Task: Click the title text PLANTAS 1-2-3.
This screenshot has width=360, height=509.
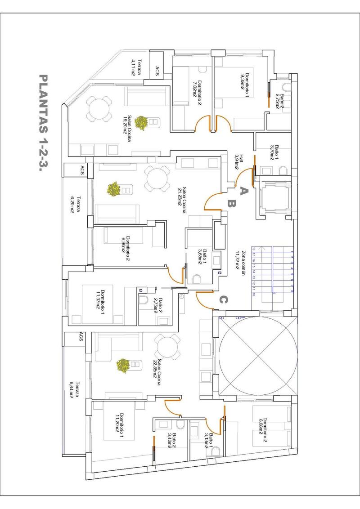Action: (x=44, y=122)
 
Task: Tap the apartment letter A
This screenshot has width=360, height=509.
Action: (x=243, y=191)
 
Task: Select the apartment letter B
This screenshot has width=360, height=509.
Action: (x=232, y=204)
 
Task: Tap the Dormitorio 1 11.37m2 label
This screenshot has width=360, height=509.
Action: (x=106, y=299)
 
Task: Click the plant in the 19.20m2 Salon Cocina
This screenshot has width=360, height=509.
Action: (x=142, y=122)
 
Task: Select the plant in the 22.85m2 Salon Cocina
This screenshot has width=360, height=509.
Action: (x=122, y=365)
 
